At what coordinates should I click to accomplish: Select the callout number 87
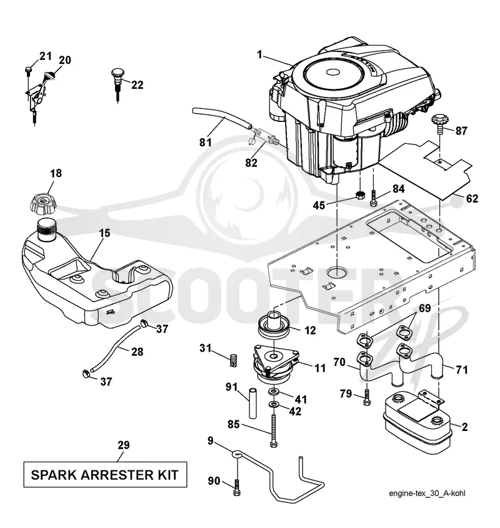pyautogui.click(x=461, y=130)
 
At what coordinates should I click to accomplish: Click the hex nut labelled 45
pyautogui.click(x=361, y=195)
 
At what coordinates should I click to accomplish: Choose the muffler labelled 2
pyautogui.click(x=417, y=421)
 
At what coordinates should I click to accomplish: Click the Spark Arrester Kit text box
pyautogui.click(x=105, y=475)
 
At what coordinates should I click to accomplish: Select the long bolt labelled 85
pyautogui.click(x=274, y=430)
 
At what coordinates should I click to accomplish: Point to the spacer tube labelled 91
pyautogui.click(x=253, y=404)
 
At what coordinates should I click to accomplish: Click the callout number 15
pyautogui.click(x=104, y=233)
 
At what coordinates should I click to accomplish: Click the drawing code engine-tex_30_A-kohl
pyautogui.click(x=427, y=494)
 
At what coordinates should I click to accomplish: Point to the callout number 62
pyautogui.click(x=472, y=198)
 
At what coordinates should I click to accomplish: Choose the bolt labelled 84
pyautogui.click(x=374, y=198)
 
